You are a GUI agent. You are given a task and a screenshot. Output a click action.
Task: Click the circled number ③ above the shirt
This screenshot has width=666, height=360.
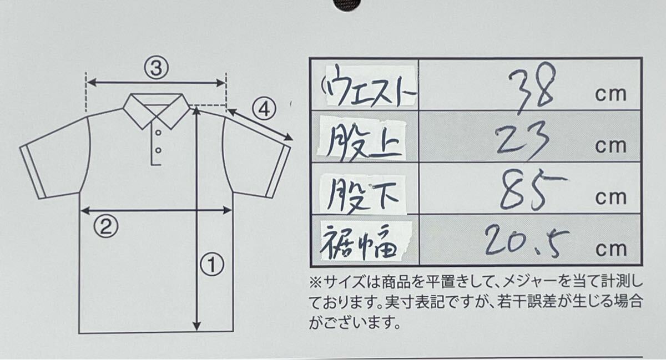coord(156,68)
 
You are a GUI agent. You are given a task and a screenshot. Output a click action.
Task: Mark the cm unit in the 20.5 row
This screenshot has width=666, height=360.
coord(610,249)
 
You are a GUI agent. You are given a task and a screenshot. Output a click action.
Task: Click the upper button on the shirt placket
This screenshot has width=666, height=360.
coord(158,133)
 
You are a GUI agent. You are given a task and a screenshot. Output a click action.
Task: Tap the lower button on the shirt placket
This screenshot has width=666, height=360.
coord(158,150)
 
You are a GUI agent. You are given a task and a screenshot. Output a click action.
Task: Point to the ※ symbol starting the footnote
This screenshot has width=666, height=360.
coord(315,282)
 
